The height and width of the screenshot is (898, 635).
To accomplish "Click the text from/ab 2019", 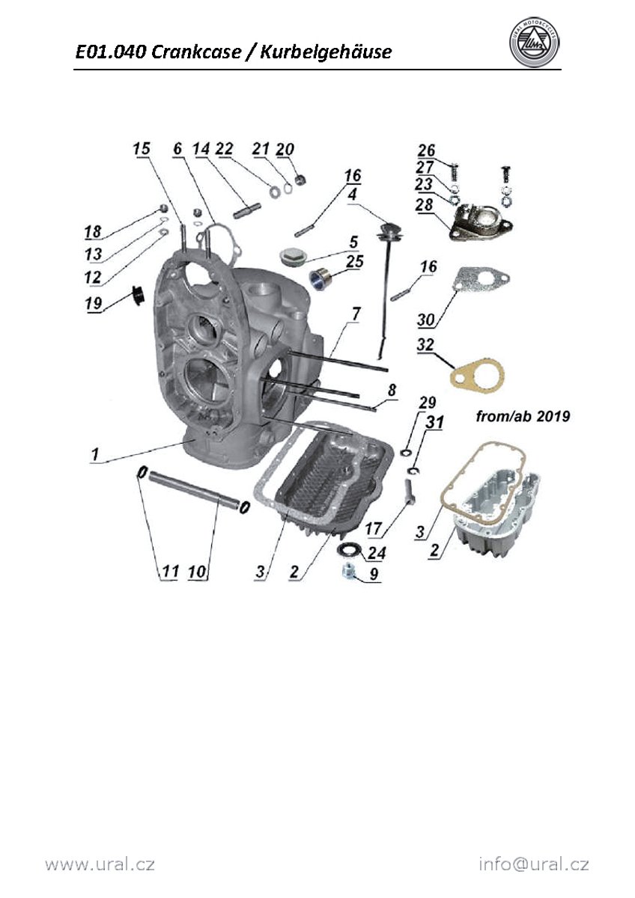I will coord(523,416).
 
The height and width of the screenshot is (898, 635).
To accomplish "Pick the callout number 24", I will coord(377,554).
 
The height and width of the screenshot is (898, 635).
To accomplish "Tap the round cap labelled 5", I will coord(289,258).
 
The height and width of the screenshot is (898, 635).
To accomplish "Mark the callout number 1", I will coord(95,453).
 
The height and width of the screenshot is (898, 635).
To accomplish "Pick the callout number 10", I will coord(197,572).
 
